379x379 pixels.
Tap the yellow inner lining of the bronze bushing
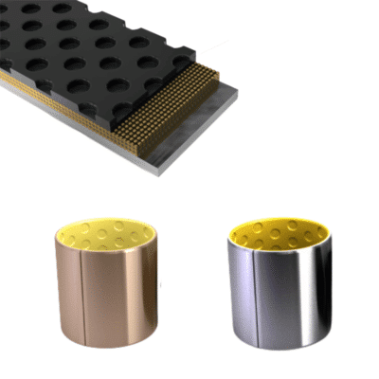[x=104, y=232]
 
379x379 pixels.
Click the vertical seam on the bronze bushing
[x=85, y=294]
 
